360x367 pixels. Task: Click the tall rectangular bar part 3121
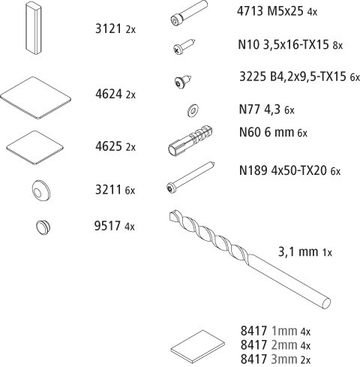pyautogui.click(x=34, y=27)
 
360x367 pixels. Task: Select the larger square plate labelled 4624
pyautogui.click(x=35, y=98)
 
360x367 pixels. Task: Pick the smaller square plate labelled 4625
pyautogui.click(x=34, y=148)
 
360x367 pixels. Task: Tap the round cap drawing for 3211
pyautogui.click(x=41, y=191)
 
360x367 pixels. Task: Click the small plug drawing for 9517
pyautogui.click(x=43, y=227)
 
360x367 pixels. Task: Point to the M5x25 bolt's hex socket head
pyautogui.click(x=175, y=20)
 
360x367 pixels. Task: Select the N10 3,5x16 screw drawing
pyautogui.click(x=184, y=47)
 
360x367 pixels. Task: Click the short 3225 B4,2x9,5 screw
pyautogui.click(x=183, y=81)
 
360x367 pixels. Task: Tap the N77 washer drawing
pyautogui.click(x=193, y=110)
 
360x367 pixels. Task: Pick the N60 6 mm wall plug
pyautogui.click(x=190, y=140)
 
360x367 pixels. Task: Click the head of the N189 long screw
pyautogui.click(x=171, y=188)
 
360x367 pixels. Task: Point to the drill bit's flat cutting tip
pyautogui.click(x=174, y=215)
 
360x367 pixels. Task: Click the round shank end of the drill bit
pyautogui.click(x=325, y=303)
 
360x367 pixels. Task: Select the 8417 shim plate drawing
pyautogui.click(x=197, y=347)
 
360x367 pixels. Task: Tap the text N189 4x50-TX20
pyautogui.click(x=283, y=170)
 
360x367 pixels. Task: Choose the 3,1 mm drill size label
pyautogui.click(x=298, y=251)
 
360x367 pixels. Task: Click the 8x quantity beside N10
pyautogui.click(x=337, y=46)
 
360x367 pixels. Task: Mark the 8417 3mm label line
pyautogui.click(x=275, y=359)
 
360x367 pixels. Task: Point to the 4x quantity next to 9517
pyautogui.click(x=130, y=227)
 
